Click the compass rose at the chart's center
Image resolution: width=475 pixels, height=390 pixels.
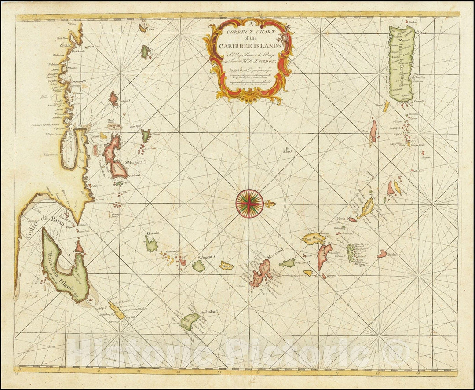(249, 204)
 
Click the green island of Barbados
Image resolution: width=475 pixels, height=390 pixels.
(190, 321)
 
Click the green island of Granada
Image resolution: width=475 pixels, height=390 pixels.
(151, 244)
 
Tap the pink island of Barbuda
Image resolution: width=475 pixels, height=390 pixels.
(382, 254)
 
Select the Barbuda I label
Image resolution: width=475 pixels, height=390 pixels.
(396, 254)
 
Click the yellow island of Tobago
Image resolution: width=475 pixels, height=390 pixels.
(117, 310)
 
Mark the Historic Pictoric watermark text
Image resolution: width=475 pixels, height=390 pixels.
(238, 352)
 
